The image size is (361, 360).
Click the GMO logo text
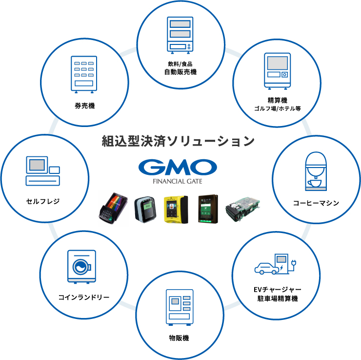[177, 167]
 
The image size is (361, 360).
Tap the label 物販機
[179, 338]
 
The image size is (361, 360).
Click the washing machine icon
[81, 267]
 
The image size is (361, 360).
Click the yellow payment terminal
[174, 209]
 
